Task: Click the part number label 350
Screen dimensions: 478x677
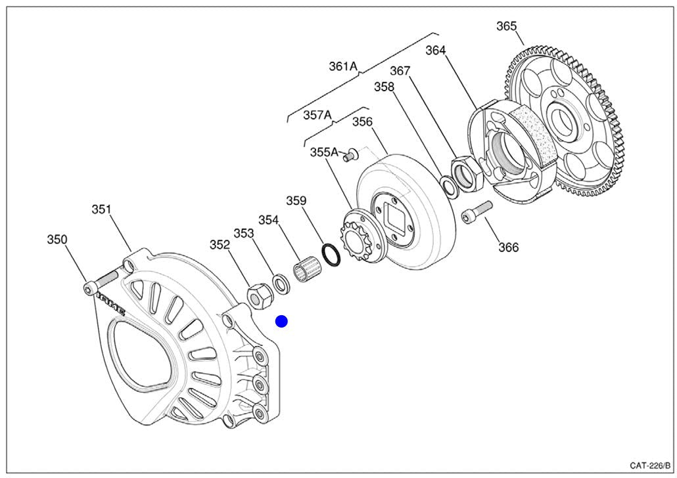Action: [57, 240]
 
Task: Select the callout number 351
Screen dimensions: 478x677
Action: [101, 210]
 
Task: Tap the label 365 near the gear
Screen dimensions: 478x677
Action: [506, 26]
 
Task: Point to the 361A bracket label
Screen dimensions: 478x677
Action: [343, 66]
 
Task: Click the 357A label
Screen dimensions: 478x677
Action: [317, 116]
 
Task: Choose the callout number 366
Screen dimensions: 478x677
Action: [508, 248]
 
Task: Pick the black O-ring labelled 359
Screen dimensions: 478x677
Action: [332, 255]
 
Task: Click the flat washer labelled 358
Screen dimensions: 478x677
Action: [450, 186]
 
